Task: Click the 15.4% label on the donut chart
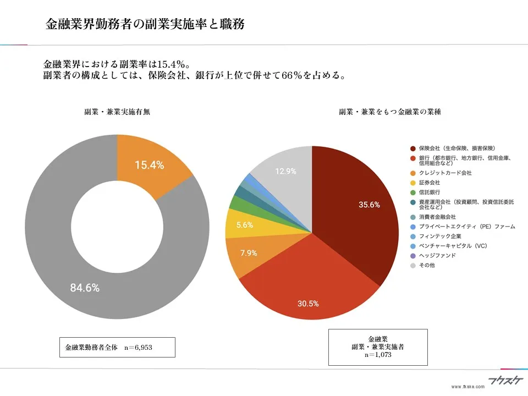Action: point(149,164)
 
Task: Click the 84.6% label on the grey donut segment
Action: point(85,288)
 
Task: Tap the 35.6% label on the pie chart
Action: point(370,205)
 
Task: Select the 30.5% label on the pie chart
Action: point(308,304)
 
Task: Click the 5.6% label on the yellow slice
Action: point(244,224)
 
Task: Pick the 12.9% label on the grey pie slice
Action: point(285,172)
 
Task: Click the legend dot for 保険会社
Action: point(413,148)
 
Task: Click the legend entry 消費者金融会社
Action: point(437,217)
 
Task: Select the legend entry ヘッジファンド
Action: point(437,256)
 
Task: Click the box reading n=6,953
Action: point(117,348)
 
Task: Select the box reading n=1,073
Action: point(377,347)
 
